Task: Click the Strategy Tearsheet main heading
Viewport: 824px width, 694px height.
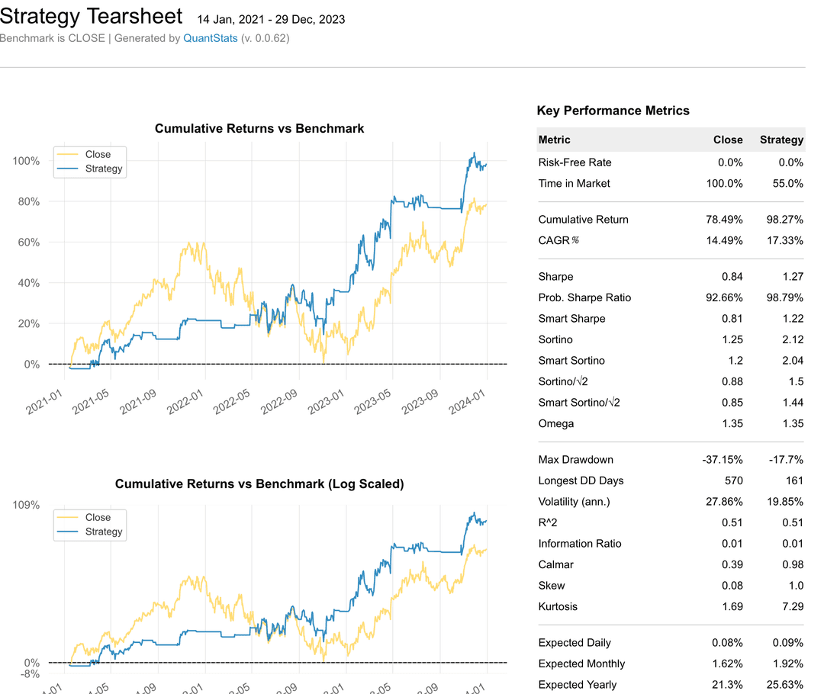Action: tap(92, 16)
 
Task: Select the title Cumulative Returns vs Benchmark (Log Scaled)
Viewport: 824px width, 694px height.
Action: tap(259, 484)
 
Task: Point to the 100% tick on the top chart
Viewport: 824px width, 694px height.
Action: tap(26, 161)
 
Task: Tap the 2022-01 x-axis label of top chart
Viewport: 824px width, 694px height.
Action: tap(187, 400)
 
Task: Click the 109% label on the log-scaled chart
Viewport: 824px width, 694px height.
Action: tap(26, 505)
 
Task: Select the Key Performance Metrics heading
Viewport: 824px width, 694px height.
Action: tap(613, 111)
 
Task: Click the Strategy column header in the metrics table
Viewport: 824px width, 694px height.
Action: tap(781, 140)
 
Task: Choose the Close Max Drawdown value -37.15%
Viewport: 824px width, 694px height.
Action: tap(722, 460)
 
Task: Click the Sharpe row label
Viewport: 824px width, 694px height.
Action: tap(555, 277)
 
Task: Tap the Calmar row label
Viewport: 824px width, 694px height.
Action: tap(555, 564)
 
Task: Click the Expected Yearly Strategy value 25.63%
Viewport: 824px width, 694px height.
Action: tap(784, 685)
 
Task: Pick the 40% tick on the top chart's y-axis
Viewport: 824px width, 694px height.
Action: tap(28, 283)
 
